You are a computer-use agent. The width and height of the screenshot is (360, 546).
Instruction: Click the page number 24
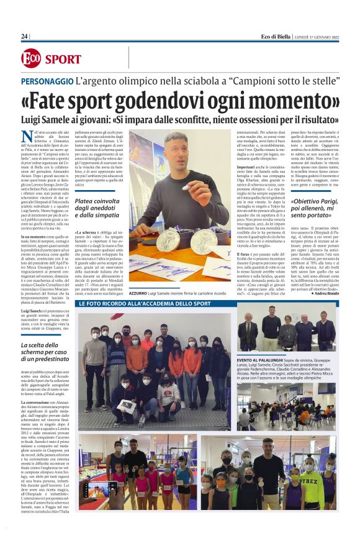[x=24, y=37]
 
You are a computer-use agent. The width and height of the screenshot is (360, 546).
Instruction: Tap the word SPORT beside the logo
[x=63, y=59]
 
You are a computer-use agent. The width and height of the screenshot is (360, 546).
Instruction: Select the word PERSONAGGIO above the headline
[x=47, y=81]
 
